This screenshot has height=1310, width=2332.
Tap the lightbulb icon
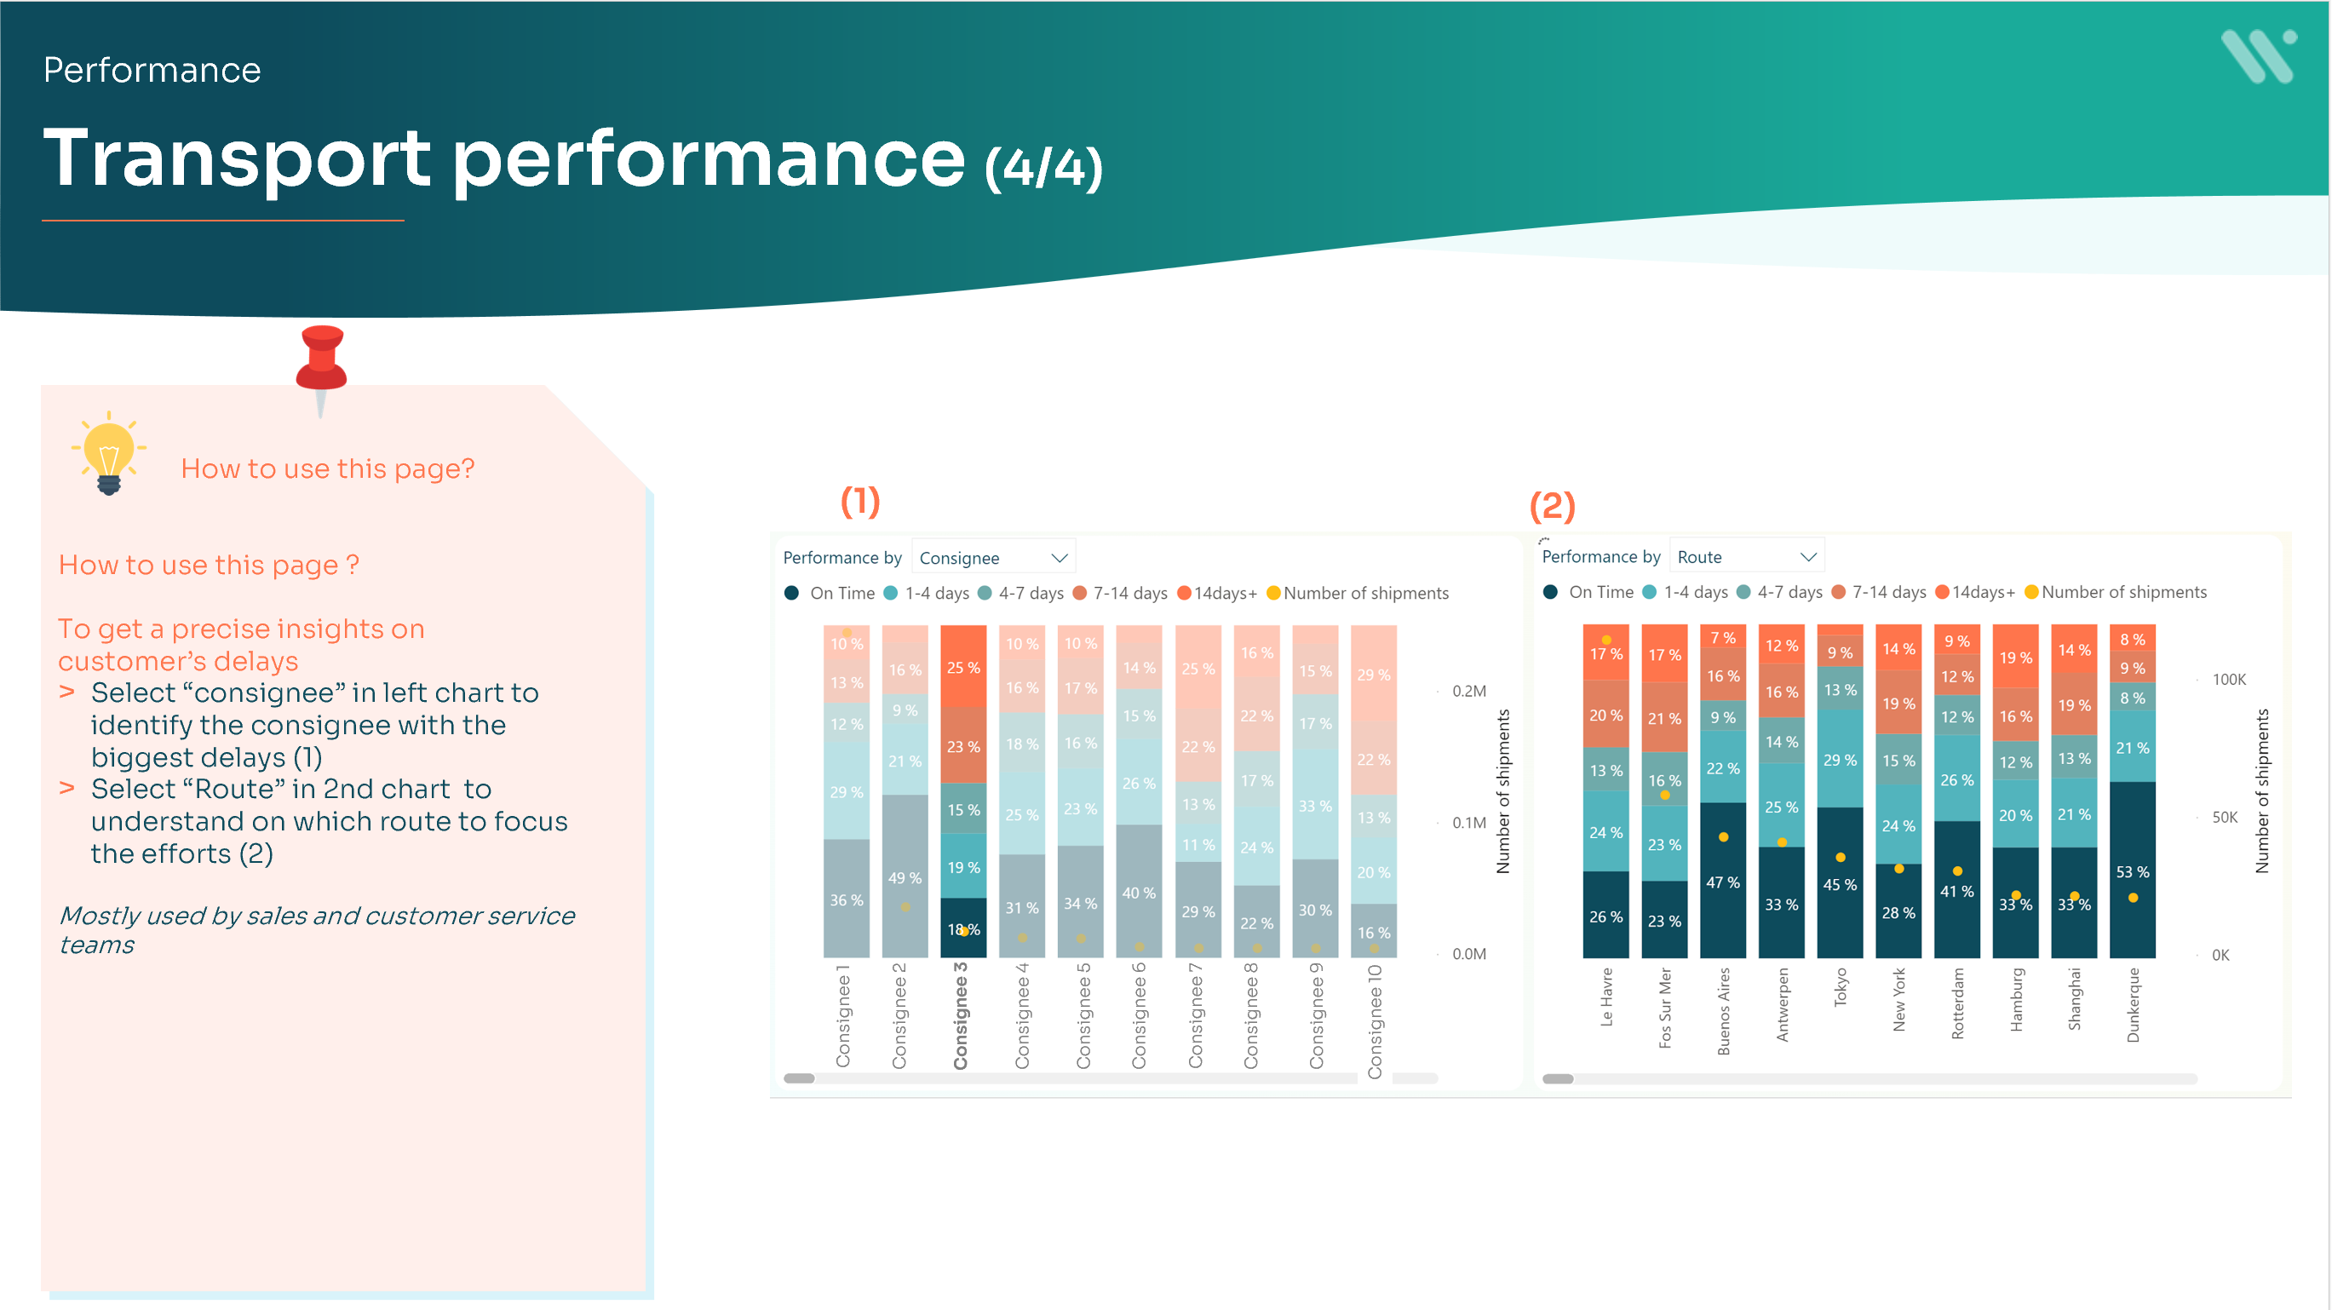pyautogui.click(x=109, y=451)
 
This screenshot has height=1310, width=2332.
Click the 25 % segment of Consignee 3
pyautogui.click(x=963, y=667)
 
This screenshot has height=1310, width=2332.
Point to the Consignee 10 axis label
pyautogui.click(x=1374, y=1021)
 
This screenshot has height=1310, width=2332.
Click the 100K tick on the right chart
pyautogui.click(x=2228, y=679)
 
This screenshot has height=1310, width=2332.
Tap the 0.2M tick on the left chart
pyautogui.click(x=1468, y=691)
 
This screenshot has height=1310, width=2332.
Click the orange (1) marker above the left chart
pyautogui.click(x=860, y=501)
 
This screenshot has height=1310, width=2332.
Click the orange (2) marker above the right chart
pyautogui.click(x=1552, y=505)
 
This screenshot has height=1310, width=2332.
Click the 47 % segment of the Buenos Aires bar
pyautogui.click(x=1723, y=882)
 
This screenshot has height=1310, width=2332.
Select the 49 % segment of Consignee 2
pyautogui.click(x=905, y=877)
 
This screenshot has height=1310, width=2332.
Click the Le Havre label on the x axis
pyautogui.click(x=1607, y=996)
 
